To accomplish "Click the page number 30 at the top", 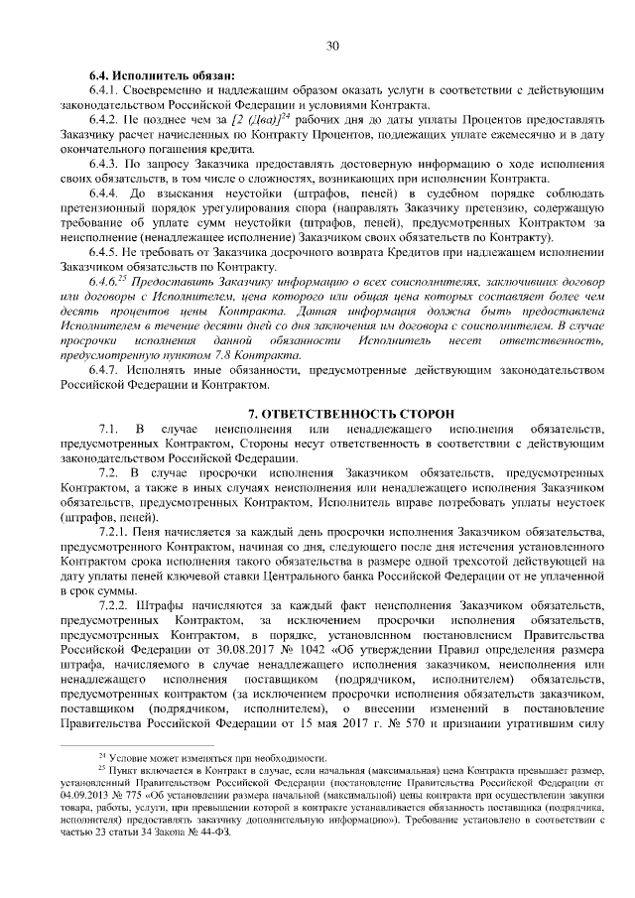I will coord(331,45).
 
